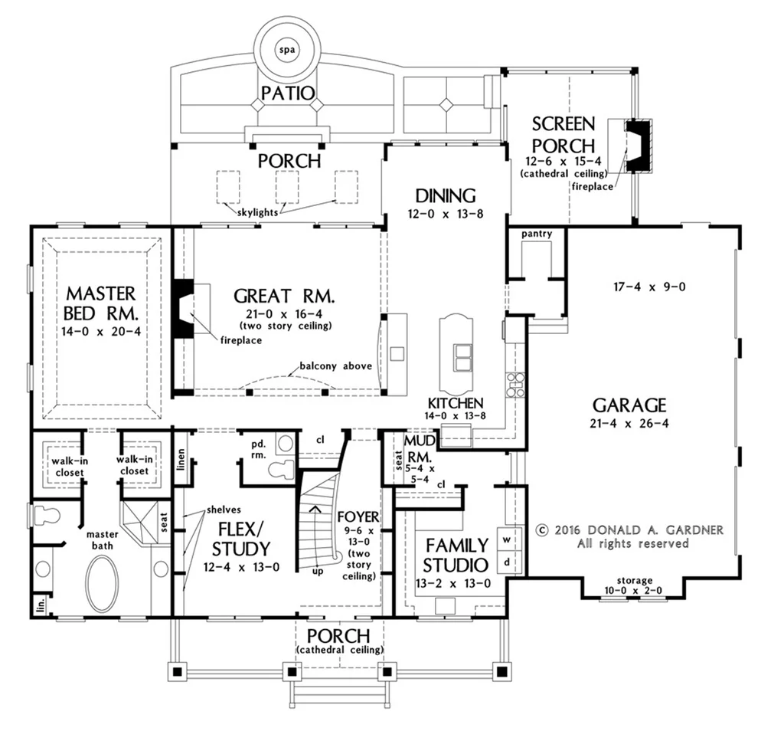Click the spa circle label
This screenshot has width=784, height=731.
[x=287, y=50]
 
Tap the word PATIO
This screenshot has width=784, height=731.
[x=288, y=93]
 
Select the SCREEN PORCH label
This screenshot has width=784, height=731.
[x=563, y=135]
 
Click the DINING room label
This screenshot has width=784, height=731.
[x=446, y=195]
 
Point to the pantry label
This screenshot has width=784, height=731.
[x=537, y=234]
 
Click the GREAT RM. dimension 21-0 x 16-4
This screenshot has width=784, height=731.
[x=284, y=314]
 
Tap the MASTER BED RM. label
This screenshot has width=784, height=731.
[x=101, y=303]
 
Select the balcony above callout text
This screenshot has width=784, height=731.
[x=336, y=365]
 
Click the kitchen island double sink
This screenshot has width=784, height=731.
[x=462, y=357]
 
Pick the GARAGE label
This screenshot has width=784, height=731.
[x=629, y=405]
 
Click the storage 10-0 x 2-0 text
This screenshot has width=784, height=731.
[x=633, y=585]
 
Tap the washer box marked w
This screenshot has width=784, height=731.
[x=508, y=539]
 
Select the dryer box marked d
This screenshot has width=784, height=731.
[x=508, y=562]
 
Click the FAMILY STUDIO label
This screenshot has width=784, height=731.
[x=456, y=555]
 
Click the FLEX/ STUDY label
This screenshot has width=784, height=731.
[x=241, y=539]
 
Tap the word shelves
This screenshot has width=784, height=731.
[x=224, y=510]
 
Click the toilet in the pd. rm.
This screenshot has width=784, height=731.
[x=282, y=469]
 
